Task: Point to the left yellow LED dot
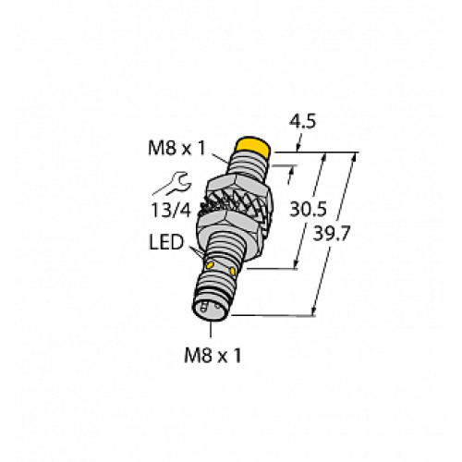click(213, 266)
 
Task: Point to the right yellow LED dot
click(243, 274)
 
